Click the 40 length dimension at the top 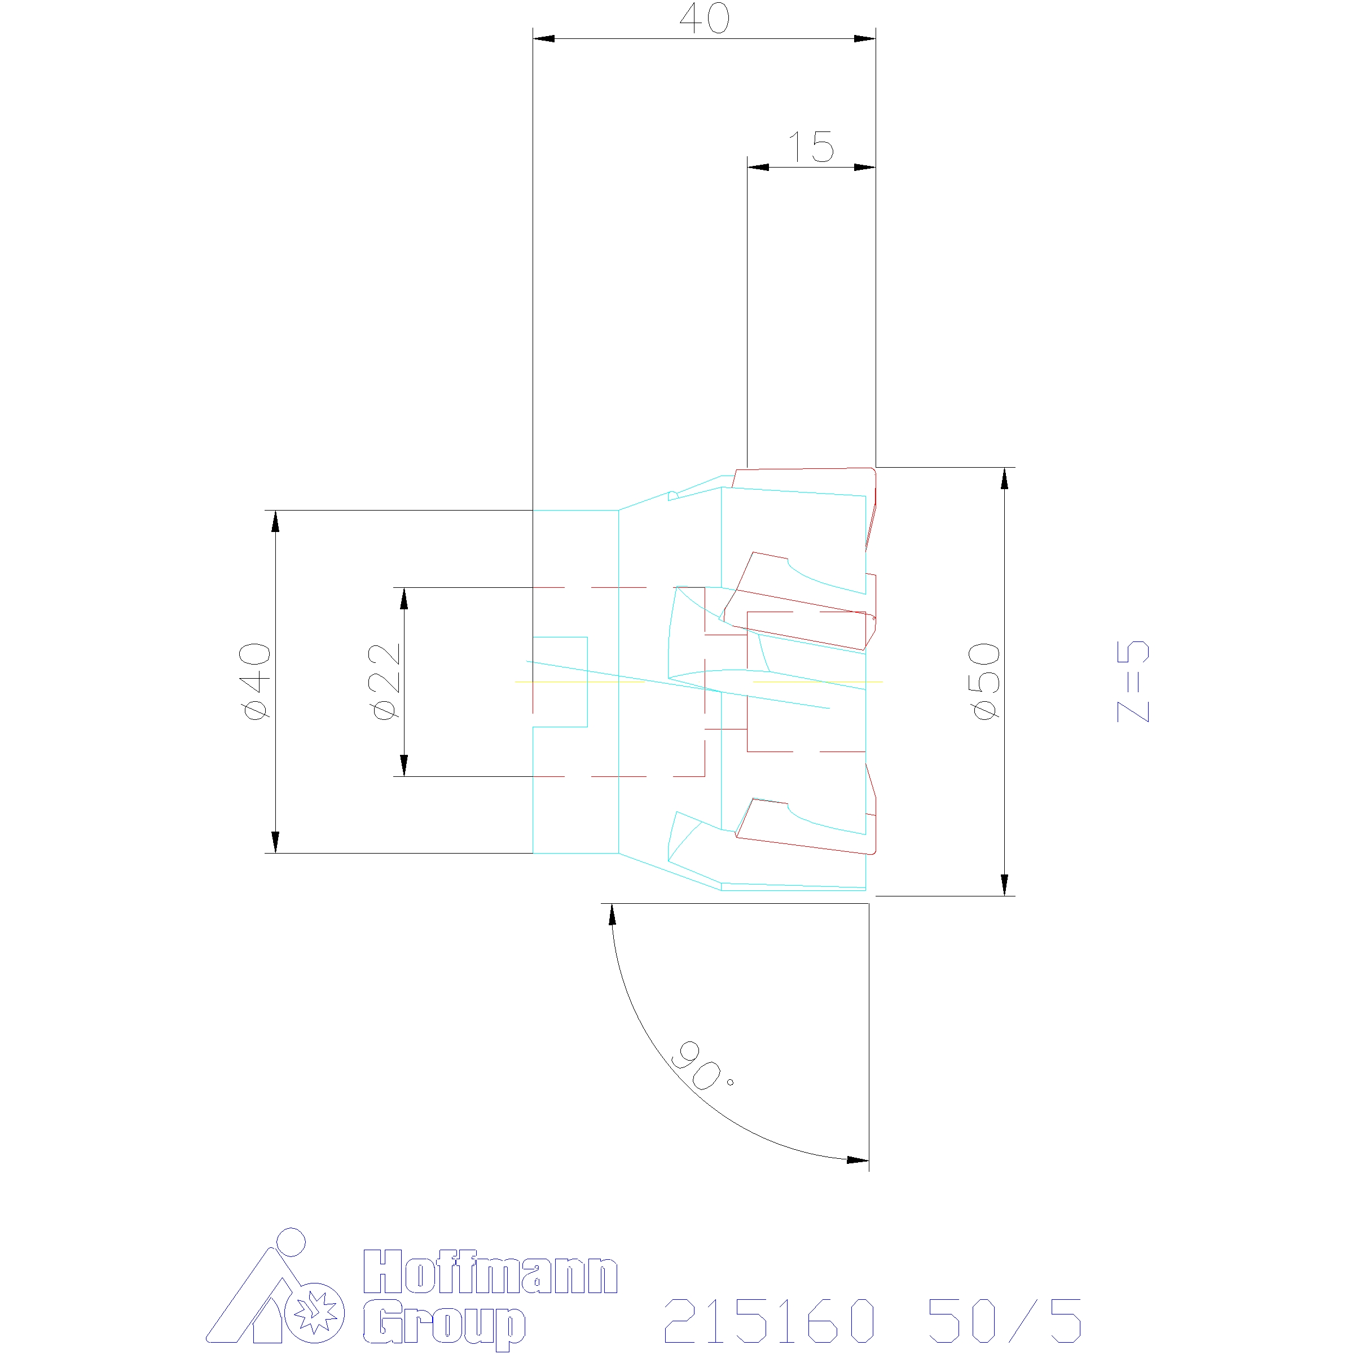click(704, 19)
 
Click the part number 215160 click(770, 1320)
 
